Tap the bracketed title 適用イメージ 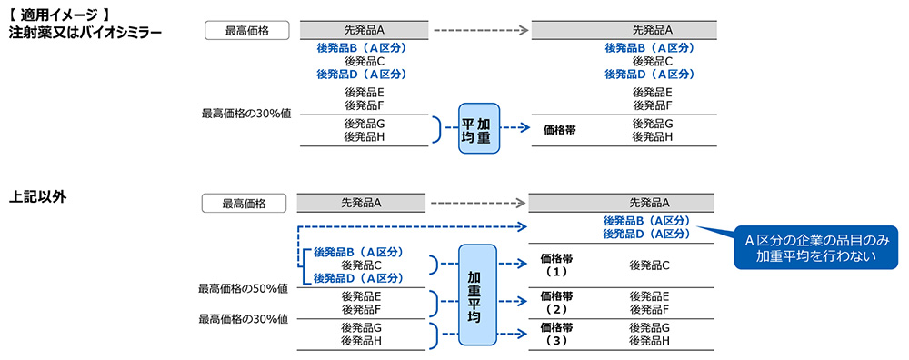65,15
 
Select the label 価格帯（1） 556,265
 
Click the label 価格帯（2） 556,303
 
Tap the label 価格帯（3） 556,334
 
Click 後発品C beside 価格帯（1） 649,265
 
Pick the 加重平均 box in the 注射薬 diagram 479,128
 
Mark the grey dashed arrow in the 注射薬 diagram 481,31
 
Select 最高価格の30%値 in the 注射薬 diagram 245,114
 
